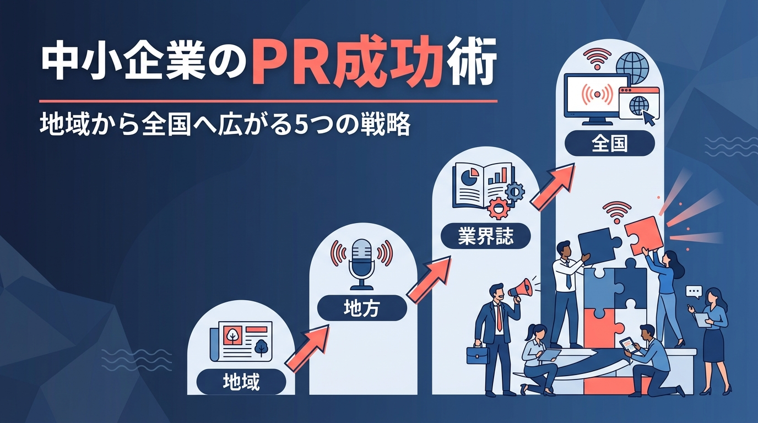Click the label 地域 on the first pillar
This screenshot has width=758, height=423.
pyautogui.click(x=241, y=381)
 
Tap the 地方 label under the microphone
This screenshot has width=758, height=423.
pyautogui.click(x=362, y=308)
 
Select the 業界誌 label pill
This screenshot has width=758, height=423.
pyautogui.click(x=486, y=236)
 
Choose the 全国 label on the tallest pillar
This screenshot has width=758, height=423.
pyautogui.click(x=609, y=144)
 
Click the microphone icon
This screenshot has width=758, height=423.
pyautogui.click(x=362, y=264)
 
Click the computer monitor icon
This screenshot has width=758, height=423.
pyautogui.click(x=597, y=98)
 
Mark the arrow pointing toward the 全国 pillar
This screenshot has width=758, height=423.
pyautogui.click(x=553, y=187)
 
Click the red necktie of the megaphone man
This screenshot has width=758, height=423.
pyautogui.click(x=500, y=318)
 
